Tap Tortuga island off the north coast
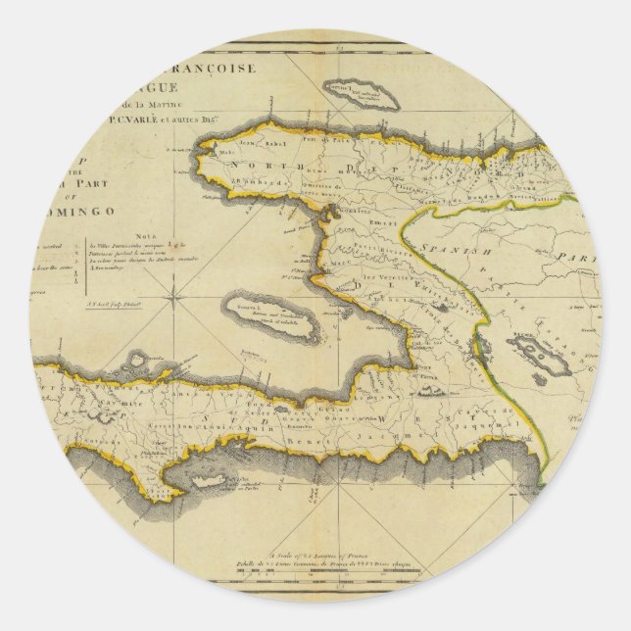[362, 95]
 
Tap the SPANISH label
[456, 251]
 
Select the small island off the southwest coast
[235, 477]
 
